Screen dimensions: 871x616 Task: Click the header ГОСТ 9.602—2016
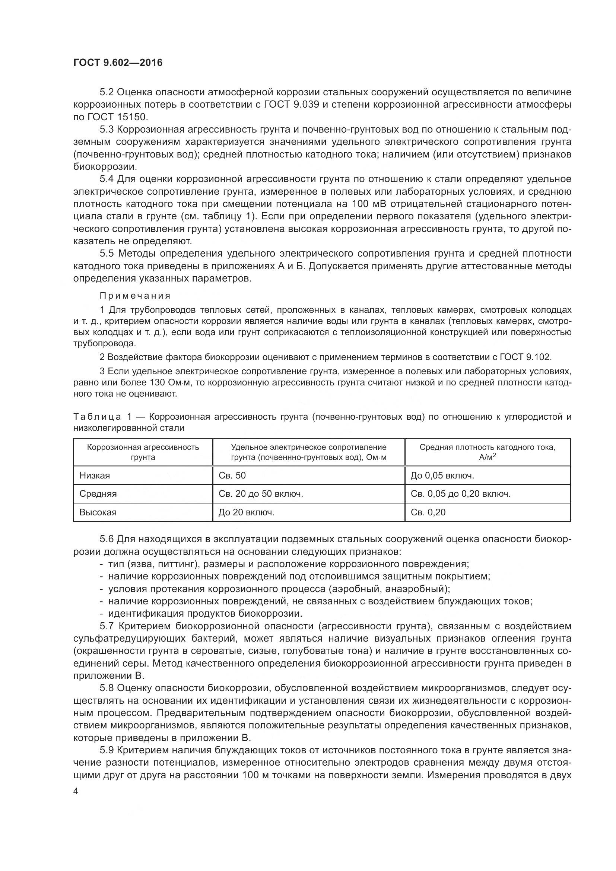coord(118,63)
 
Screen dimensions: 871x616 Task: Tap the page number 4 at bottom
coord(76,791)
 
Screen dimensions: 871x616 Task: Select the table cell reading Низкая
coord(95,476)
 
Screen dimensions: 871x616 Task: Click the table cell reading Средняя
coord(98,494)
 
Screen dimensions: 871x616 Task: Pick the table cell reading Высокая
coord(98,512)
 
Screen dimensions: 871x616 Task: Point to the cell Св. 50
coord(232,476)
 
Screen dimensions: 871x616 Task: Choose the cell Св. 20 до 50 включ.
coord(261,494)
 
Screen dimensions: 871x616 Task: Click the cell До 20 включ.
coord(246,512)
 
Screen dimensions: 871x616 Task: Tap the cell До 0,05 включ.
coord(442,476)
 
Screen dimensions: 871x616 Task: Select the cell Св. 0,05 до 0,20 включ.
coord(460,494)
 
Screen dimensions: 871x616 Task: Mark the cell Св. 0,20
coord(428,512)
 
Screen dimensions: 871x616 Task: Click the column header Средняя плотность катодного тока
coord(488,452)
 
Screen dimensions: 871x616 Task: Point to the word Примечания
coord(135,296)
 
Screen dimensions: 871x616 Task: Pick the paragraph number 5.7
coord(108,626)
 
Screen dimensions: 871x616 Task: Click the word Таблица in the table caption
coord(97,417)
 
